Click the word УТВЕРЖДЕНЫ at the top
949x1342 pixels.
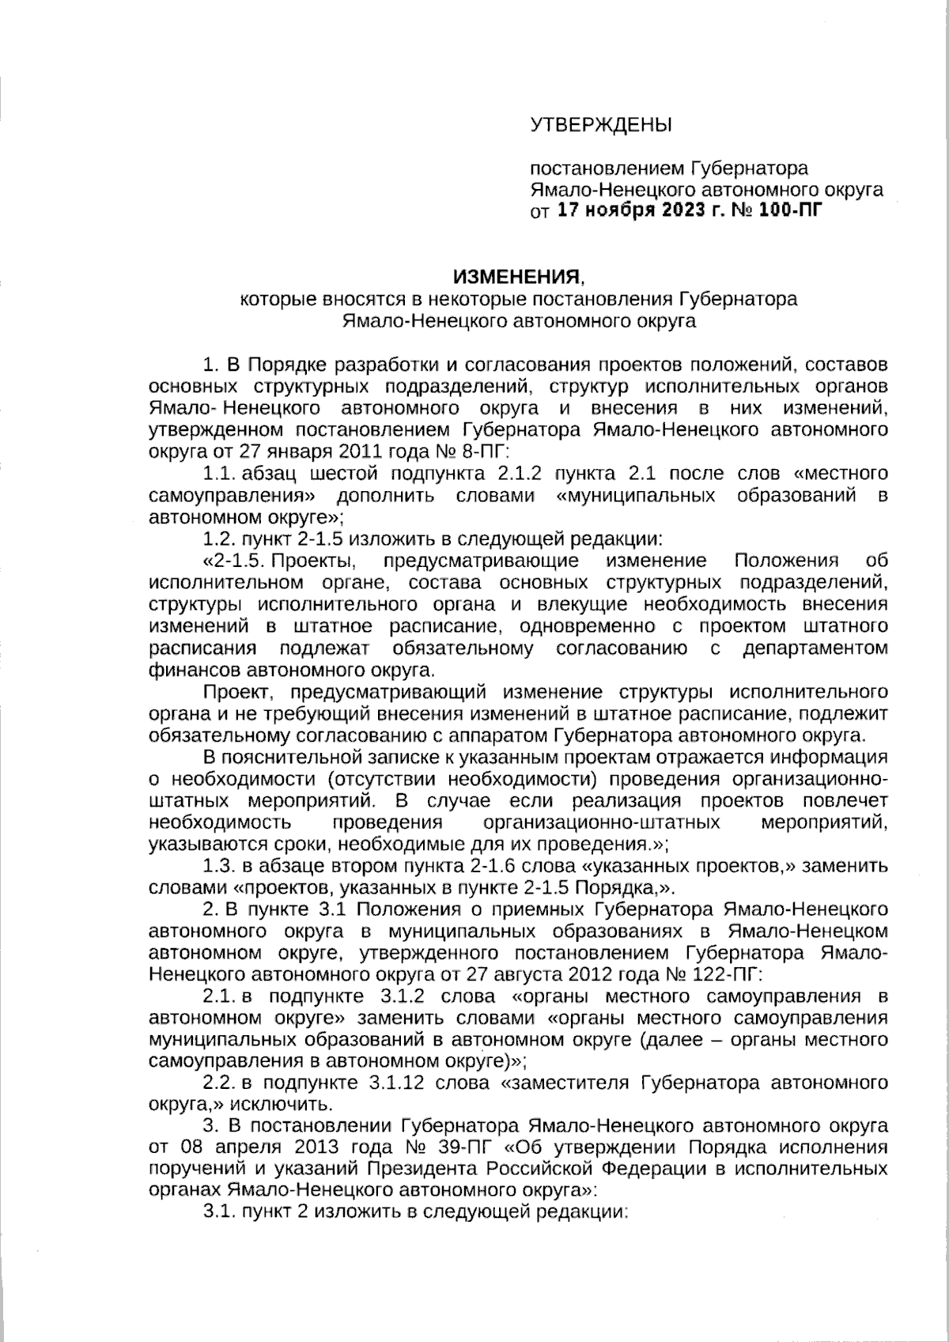600,124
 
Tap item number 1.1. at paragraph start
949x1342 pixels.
221,474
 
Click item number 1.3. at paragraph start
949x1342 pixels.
221,865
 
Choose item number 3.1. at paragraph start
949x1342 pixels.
221,1212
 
